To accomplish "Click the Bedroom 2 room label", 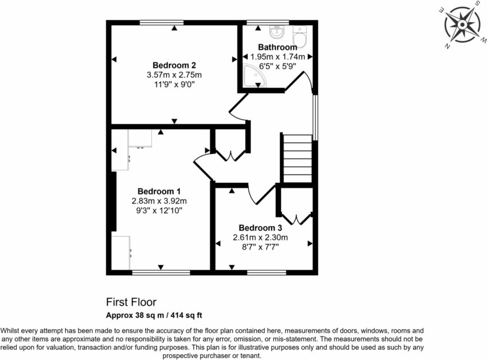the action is click(x=174, y=65).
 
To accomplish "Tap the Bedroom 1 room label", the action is click(x=159, y=191).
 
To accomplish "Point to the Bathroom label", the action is click(x=277, y=47).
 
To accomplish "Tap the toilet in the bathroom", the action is click(x=300, y=36).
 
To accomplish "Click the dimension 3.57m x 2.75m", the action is click(x=174, y=75).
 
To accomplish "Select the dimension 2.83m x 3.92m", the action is click(x=159, y=201).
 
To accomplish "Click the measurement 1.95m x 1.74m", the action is click(x=277, y=57).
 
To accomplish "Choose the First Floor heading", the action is click(x=131, y=302).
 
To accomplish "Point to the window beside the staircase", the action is click(x=315, y=117).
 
